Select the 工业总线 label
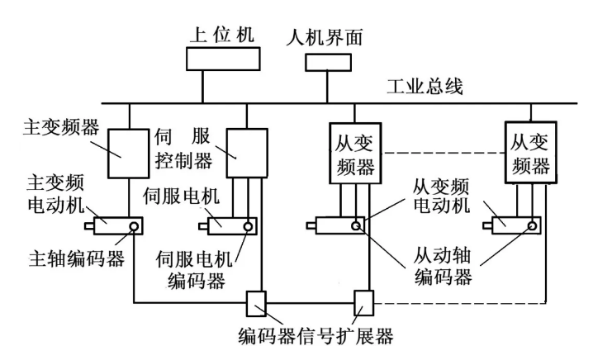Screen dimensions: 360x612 (425, 86)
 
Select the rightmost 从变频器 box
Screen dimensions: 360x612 (529, 154)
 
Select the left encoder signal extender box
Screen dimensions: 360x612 (255, 303)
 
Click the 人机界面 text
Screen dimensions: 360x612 (324, 37)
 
